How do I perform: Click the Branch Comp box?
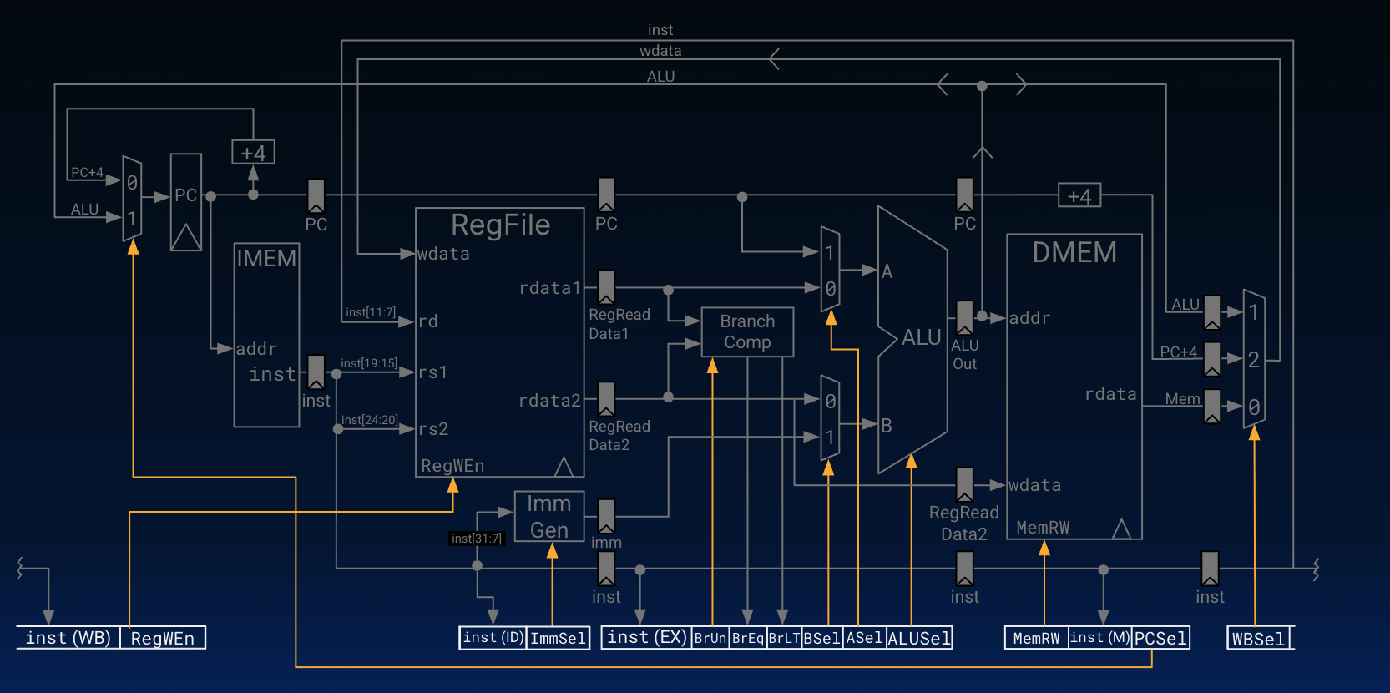point(747,331)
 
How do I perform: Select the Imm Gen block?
point(548,516)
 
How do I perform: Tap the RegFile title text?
point(500,225)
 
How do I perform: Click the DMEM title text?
point(1074,252)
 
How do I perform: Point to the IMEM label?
point(266,258)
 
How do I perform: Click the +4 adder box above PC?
point(253,153)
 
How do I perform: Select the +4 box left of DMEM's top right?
point(1079,196)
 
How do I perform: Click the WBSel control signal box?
point(1259,639)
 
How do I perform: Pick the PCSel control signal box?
point(1160,638)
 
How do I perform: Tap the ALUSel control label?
point(918,639)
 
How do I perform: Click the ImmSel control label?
point(558,639)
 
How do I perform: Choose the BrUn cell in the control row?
point(710,639)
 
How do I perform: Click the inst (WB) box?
point(68,638)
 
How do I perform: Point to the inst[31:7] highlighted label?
point(477,539)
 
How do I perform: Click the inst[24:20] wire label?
point(369,420)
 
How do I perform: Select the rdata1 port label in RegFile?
point(549,288)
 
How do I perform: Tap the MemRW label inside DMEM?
point(1043,528)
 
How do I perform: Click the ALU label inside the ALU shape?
point(921,337)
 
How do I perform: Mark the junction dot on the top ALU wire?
point(982,86)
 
